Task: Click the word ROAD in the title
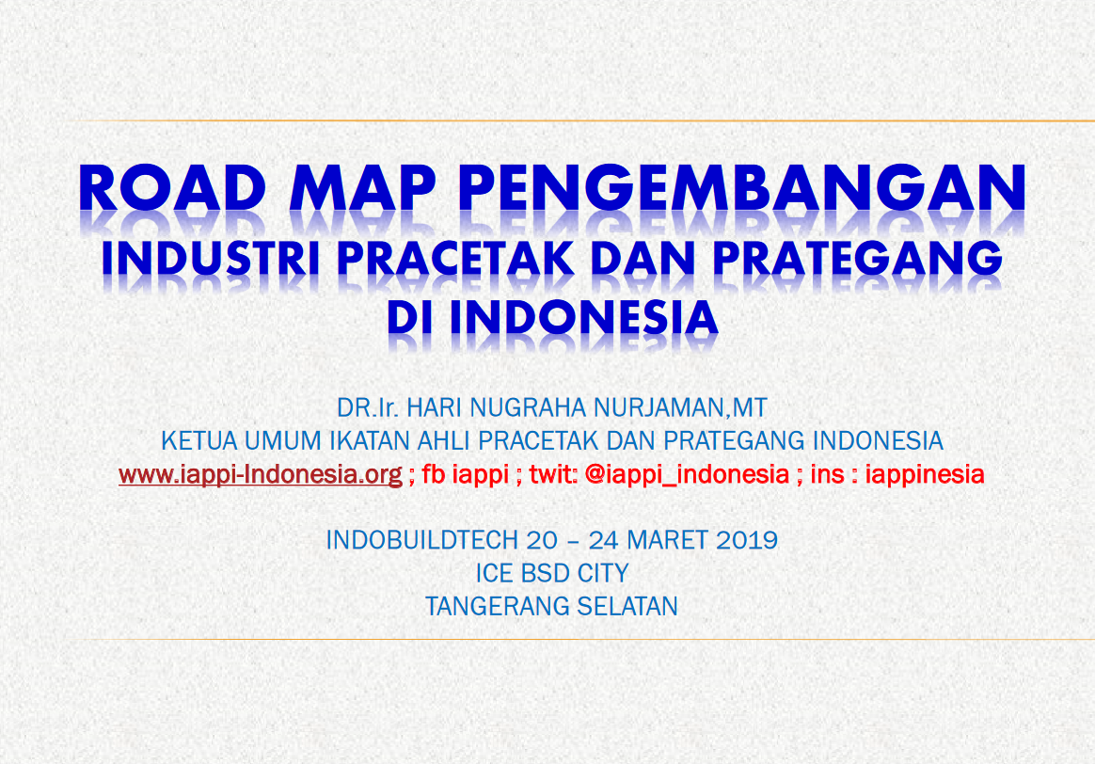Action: (172, 188)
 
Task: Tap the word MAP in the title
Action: (362, 188)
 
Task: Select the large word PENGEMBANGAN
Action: (742, 188)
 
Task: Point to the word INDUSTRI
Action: (211, 259)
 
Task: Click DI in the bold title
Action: (410, 318)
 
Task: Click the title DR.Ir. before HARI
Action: (367, 407)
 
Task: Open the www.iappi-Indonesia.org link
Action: (261, 475)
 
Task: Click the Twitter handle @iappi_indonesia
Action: (687, 474)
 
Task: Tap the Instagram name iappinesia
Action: (925, 474)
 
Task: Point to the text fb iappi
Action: (465, 474)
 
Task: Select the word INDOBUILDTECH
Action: (423, 540)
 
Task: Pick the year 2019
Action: (747, 540)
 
